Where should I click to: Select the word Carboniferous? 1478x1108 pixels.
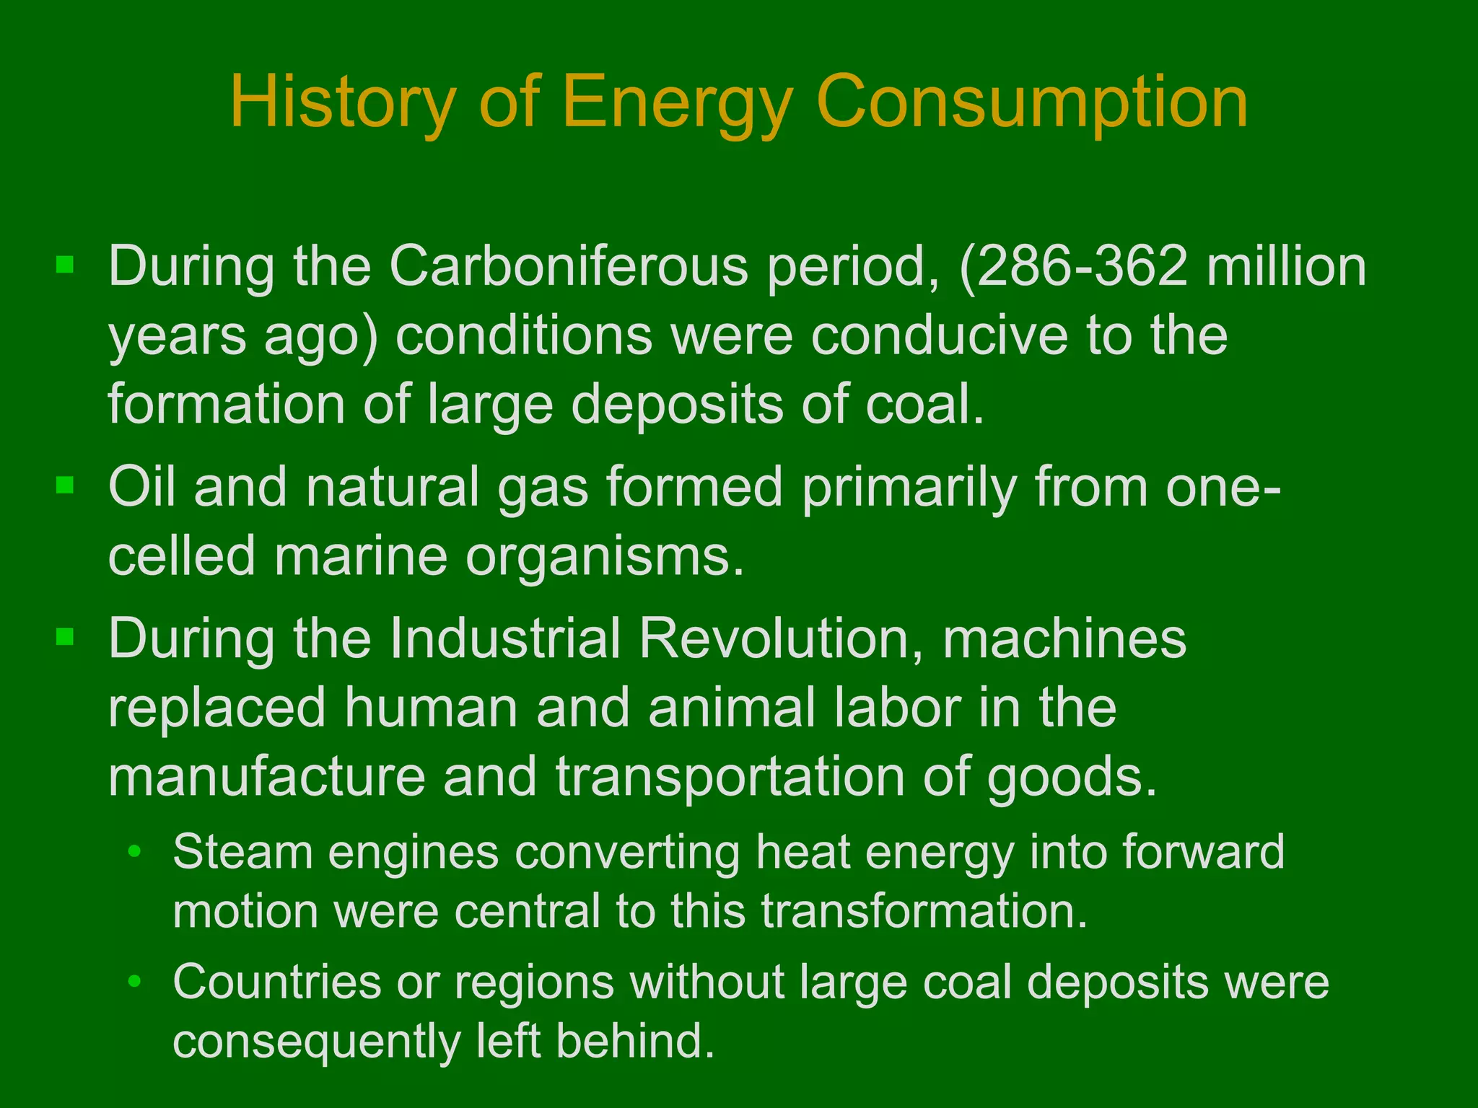[569, 266]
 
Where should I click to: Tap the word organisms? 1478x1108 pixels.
[605, 556]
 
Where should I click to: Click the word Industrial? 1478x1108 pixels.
[505, 638]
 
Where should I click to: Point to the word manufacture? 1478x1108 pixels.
[267, 777]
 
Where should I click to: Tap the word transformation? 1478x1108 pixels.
[924, 911]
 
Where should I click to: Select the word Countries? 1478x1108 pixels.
[277, 982]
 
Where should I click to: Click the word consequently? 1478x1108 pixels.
[316, 1042]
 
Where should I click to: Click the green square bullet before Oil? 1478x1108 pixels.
[65, 485]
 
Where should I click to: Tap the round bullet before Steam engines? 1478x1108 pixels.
[134, 853]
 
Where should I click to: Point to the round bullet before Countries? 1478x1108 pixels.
[134, 983]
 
